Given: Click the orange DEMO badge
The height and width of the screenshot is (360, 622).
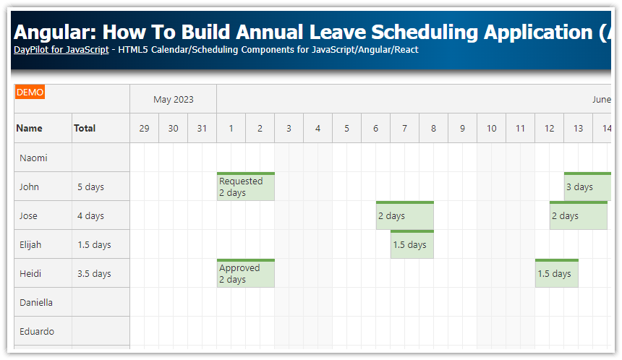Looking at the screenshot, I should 30,92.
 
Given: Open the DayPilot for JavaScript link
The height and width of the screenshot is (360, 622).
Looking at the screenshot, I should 61,50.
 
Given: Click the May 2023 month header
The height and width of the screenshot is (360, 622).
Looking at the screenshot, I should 173,99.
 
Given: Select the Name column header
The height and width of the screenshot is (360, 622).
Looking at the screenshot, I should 30,128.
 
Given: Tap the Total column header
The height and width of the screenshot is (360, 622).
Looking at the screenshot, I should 85,128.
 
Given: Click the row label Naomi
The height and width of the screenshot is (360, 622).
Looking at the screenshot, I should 33,158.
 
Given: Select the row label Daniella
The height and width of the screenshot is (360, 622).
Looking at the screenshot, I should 36,302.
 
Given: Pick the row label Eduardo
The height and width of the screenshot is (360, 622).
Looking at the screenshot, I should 36,331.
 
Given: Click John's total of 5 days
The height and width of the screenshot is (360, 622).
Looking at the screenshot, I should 91,187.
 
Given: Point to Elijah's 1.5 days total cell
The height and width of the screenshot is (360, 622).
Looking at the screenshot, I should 94,244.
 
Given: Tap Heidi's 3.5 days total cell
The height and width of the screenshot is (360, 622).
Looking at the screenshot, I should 94,273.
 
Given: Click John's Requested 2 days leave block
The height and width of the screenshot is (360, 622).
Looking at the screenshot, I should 245,187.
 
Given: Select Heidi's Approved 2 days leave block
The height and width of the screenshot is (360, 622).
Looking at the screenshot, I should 245,274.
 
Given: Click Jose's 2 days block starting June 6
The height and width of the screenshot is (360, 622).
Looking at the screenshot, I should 404,216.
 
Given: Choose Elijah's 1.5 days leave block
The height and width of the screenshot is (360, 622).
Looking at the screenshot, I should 412,245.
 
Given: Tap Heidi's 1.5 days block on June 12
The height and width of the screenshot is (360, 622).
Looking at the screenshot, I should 556,274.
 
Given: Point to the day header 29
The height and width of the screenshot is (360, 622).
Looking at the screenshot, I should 144,129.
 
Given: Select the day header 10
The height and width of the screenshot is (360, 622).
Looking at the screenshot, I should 491,129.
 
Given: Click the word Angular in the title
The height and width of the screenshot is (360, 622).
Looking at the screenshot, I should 54,32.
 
